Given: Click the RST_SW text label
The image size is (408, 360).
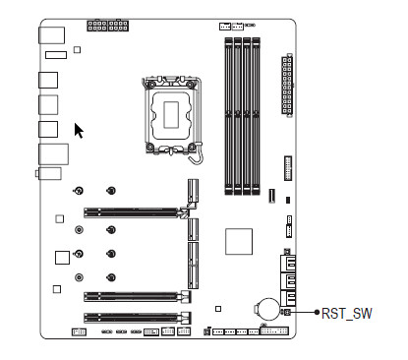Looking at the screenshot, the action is [347, 314].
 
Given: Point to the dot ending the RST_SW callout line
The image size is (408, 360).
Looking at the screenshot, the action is [317, 312].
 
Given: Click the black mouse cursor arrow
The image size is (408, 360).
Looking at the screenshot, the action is [79, 131].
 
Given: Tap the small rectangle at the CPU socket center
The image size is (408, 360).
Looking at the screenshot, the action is [171, 114].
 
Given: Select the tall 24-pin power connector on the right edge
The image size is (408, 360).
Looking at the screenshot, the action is [287, 85].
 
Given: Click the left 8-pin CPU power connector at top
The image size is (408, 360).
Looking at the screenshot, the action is [97, 26].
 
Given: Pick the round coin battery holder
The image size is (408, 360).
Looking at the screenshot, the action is [267, 309].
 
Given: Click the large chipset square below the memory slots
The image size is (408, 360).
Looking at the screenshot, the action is [239, 242].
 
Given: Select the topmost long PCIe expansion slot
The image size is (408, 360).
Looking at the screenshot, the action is [137, 212].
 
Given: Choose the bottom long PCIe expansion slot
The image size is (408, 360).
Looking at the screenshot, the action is [138, 318].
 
